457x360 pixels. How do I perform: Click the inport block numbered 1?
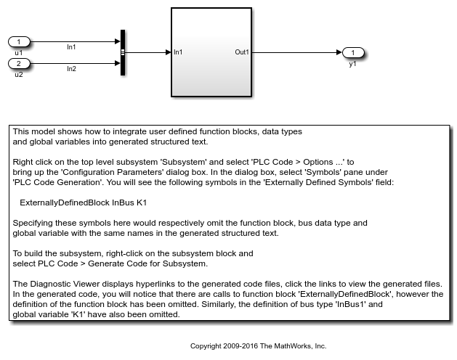(20, 42)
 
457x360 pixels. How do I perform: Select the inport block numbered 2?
(20, 64)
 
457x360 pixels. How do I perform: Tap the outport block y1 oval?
(352, 52)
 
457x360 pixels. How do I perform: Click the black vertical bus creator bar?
(123, 52)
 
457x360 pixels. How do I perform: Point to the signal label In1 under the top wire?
(71, 47)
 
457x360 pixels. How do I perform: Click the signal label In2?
(71, 69)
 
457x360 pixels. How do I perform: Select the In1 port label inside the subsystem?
(178, 52)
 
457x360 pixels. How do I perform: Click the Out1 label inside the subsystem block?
(242, 52)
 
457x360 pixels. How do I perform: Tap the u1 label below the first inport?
(19, 52)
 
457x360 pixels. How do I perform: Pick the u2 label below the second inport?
(19, 74)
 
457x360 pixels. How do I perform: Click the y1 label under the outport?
(352, 64)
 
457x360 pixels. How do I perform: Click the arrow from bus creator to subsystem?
(148, 52)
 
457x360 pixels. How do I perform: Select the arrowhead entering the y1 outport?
(339, 52)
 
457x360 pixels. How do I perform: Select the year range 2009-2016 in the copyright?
(248, 346)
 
